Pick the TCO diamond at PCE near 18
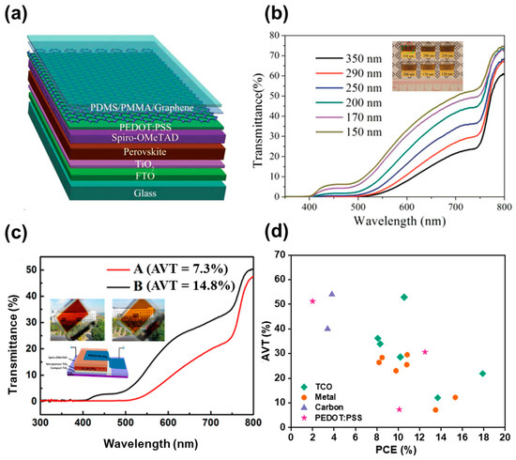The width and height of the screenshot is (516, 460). tap(482, 374)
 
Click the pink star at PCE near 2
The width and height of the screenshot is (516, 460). tap(312, 301)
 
